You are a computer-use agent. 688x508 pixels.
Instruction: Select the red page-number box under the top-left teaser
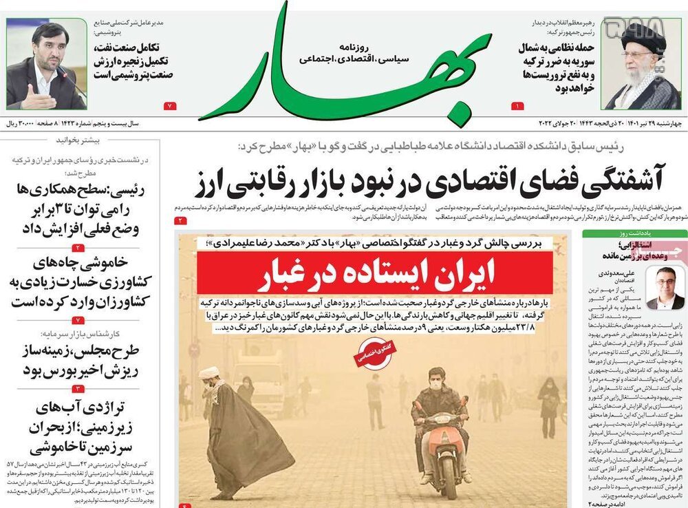pos(171,106)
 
